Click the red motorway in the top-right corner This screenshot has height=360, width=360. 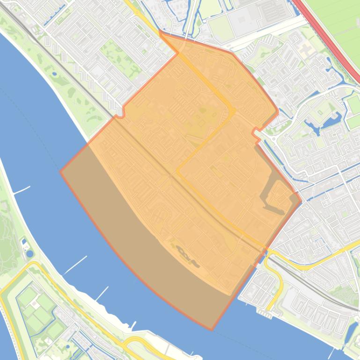coord(328,37)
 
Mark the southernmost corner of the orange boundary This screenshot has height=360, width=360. coord(212,330)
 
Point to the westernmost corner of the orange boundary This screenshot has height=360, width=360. coord(60,171)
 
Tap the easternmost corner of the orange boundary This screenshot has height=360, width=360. coord(301,202)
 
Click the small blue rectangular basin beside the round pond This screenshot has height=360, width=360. coord(24,244)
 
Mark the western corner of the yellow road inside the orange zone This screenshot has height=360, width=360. coord(177,170)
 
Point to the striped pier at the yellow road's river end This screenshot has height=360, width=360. coord(264,314)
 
